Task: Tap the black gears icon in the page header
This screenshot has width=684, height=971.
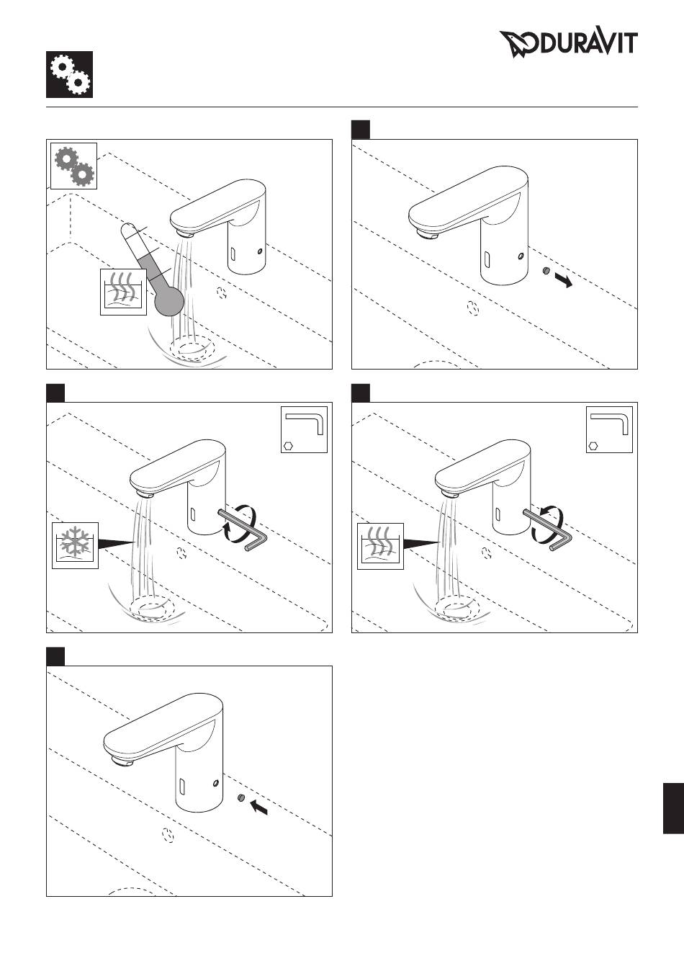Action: tap(69, 75)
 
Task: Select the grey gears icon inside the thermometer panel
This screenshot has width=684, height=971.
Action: tap(73, 166)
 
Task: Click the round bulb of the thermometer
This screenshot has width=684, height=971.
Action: tap(169, 300)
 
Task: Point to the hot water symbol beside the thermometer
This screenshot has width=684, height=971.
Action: tap(123, 292)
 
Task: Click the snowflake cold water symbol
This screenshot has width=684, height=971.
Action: tap(75, 545)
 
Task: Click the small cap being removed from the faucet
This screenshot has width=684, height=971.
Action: tap(546, 271)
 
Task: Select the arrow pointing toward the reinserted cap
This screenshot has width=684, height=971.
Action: tap(258, 807)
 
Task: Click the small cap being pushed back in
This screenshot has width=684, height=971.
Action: tap(241, 797)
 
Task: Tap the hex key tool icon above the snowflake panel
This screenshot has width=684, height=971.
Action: tap(304, 429)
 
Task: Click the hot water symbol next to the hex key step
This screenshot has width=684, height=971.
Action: tap(380, 546)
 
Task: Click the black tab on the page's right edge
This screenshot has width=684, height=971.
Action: tap(673, 808)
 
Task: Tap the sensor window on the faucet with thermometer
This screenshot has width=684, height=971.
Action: tap(233, 254)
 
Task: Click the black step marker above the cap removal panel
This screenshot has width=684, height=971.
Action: tap(361, 130)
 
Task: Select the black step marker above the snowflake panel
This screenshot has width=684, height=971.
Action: tap(55, 393)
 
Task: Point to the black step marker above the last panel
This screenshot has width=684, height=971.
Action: tap(55, 656)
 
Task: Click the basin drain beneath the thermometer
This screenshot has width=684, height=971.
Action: tap(192, 349)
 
